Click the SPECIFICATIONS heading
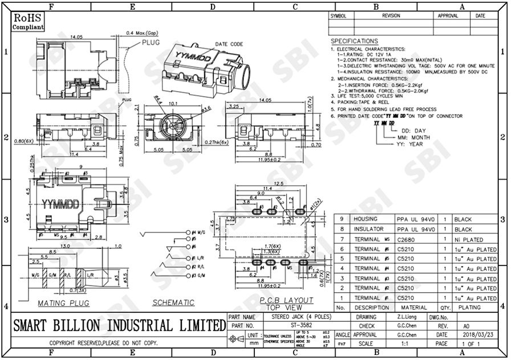[x=354, y=41]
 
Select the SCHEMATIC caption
[x=173, y=302]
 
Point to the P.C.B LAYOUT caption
[x=287, y=300]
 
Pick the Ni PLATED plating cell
[x=469, y=239]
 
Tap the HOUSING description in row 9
[x=365, y=219]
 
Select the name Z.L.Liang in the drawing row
[x=406, y=316]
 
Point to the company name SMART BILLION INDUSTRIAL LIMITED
[x=119, y=326]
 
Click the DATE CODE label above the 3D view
[x=229, y=44]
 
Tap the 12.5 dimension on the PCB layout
[x=279, y=183]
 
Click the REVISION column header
[x=391, y=16]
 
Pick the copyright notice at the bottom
[x=103, y=344]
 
